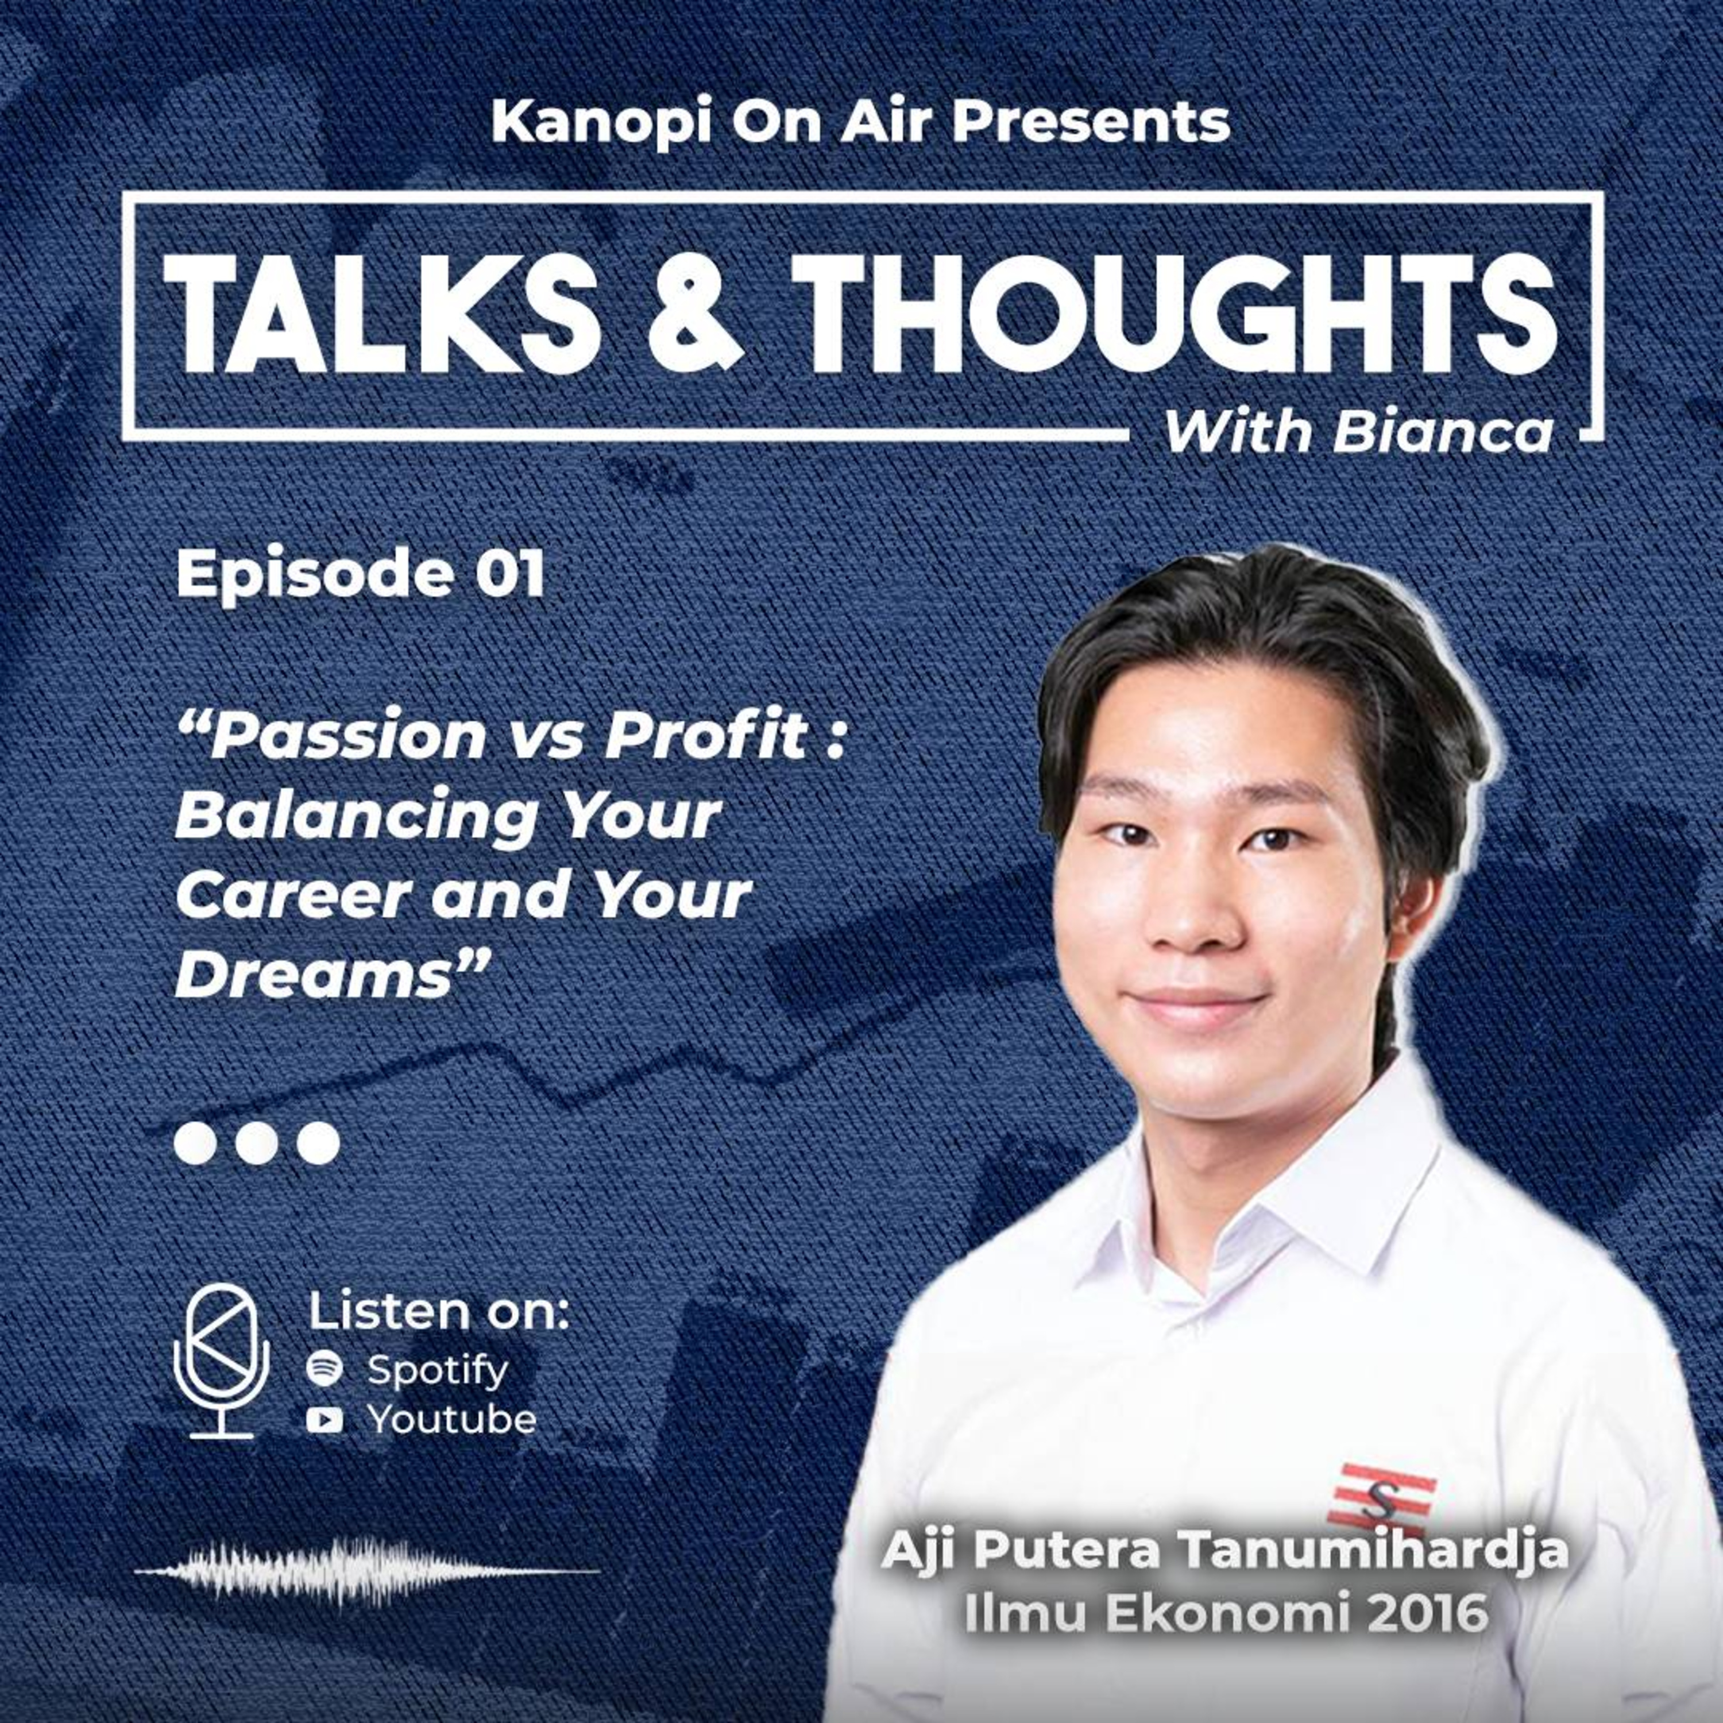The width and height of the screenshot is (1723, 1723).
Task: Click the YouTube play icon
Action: coord(324,1420)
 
